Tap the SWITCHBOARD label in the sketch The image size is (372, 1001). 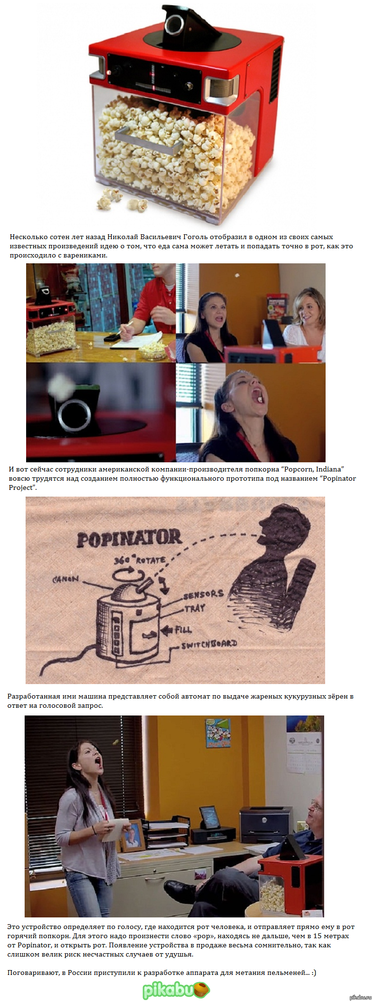pos(209,644)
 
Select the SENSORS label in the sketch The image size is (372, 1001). pos(203,595)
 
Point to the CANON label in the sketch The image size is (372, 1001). pos(66,579)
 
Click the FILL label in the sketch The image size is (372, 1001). pos(183,629)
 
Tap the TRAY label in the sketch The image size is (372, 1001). pos(195,609)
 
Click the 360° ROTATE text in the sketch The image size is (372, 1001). pos(140,560)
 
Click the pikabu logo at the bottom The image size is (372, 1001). pos(176,989)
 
